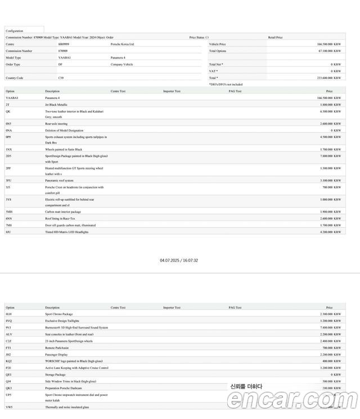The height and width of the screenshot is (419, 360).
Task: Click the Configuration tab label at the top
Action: click(15, 31)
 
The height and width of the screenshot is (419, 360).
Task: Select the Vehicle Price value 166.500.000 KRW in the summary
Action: click(328, 44)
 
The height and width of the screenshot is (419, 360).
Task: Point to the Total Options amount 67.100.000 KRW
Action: click(330, 51)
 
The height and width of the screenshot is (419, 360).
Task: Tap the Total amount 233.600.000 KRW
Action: click(328, 78)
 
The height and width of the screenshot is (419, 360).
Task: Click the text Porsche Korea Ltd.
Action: click(123, 44)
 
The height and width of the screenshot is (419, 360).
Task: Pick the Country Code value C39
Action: click(61, 78)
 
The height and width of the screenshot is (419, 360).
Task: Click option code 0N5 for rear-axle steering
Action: click(8, 124)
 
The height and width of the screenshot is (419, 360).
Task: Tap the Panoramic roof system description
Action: click(59, 181)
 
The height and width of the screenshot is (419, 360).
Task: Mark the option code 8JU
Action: click(8, 232)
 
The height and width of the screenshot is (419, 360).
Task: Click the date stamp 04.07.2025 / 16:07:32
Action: click(179, 260)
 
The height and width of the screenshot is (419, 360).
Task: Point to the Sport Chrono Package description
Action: click(59, 314)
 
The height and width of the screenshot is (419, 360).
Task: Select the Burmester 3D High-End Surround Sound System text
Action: click(76, 327)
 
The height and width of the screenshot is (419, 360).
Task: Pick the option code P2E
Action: click(8, 368)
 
